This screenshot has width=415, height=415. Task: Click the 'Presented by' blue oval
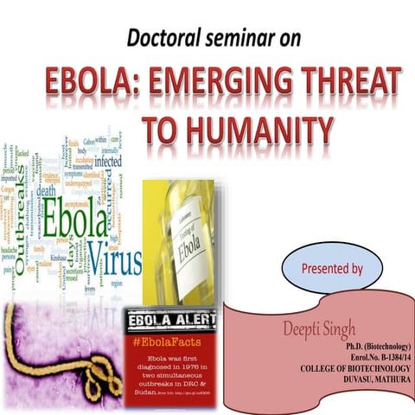[331, 268]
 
